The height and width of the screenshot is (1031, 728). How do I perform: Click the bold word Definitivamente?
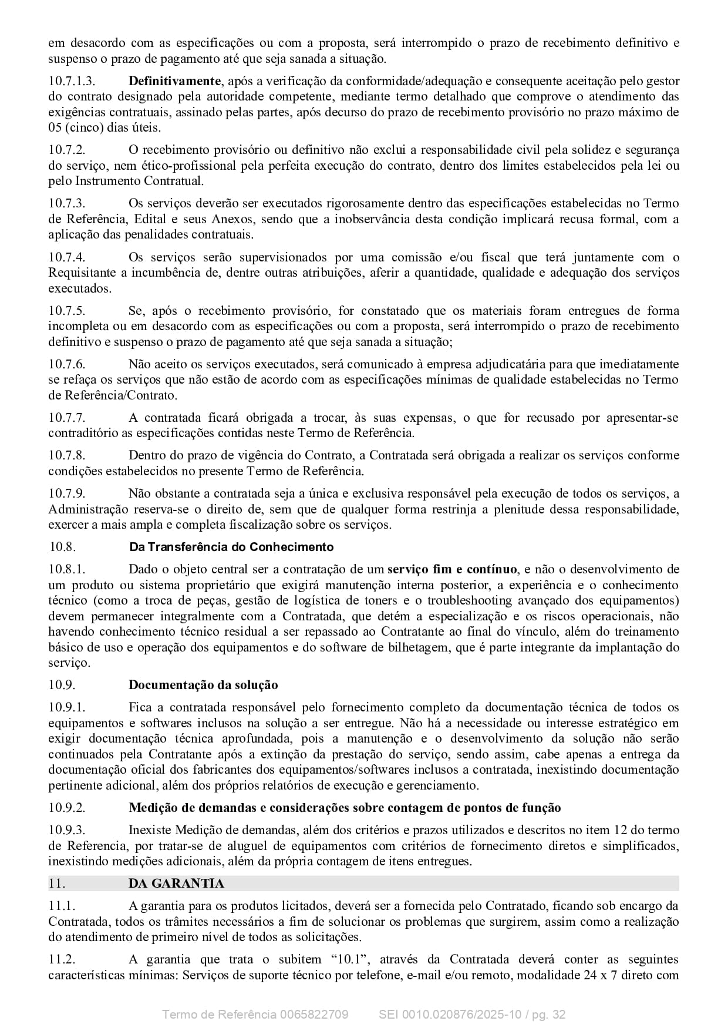click(174, 81)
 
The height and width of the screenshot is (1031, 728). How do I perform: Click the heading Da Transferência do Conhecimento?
click(231, 547)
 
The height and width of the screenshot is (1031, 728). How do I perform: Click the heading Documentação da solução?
click(203, 685)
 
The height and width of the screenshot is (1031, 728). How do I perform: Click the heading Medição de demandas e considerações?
click(345, 808)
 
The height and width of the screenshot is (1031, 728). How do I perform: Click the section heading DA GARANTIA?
click(176, 884)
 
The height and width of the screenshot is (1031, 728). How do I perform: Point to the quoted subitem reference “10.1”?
click(351, 959)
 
